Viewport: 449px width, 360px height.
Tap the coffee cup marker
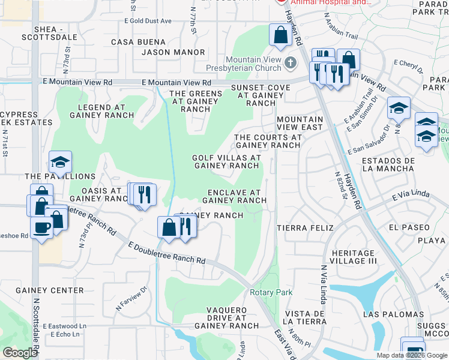click(x=42, y=229)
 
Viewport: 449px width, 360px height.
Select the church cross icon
click(x=291, y=62)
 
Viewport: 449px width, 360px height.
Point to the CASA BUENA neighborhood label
click(x=138, y=42)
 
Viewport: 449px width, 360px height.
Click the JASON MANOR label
click(x=173, y=52)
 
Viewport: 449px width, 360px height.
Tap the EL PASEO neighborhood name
click(x=409, y=228)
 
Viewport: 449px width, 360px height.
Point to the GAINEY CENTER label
click(x=50, y=290)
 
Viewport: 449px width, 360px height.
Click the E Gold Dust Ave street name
click(x=148, y=21)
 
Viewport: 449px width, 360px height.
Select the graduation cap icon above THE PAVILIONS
click(x=60, y=161)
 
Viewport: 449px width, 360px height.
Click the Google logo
click(x=20, y=353)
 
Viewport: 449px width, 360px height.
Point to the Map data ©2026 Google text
click(x=411, y=355)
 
